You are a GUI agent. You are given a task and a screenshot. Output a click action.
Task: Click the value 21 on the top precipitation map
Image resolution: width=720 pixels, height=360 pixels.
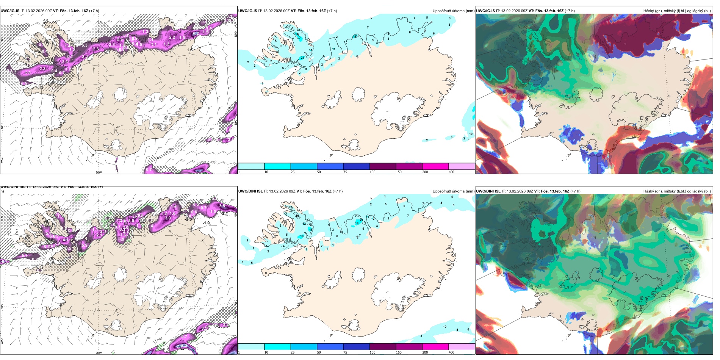302,58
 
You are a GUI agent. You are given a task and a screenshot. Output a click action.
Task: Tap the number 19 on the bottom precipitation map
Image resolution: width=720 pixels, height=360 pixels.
302,236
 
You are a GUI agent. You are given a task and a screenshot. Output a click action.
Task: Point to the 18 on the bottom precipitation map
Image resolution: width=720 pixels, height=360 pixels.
357,224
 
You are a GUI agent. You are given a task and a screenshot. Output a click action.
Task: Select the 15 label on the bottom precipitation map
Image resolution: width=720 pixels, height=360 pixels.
311,230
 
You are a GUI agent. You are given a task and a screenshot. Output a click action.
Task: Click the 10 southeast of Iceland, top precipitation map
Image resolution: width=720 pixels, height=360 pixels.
471,134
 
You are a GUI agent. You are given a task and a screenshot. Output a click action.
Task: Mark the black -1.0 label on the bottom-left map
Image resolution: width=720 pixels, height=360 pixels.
206,223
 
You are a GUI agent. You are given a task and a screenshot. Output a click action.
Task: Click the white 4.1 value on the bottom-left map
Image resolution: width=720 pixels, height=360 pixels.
65,240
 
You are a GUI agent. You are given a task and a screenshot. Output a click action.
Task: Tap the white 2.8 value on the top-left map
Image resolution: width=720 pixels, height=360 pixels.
96,49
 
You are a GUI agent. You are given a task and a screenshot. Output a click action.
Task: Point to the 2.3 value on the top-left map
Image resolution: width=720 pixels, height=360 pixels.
42,69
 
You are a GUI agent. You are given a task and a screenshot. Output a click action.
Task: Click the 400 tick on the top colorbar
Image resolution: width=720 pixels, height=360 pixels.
451,172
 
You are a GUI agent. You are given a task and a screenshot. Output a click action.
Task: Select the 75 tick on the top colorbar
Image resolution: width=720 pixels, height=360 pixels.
345,172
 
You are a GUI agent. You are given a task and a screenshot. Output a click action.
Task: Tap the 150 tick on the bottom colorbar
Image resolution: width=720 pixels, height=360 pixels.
399,352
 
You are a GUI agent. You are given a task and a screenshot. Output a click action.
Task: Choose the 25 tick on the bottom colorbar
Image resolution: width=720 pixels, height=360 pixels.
293,352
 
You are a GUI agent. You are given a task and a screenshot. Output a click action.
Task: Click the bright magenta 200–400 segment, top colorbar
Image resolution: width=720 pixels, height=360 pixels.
435,166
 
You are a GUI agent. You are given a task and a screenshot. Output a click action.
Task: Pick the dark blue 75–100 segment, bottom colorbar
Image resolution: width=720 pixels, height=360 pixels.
356,347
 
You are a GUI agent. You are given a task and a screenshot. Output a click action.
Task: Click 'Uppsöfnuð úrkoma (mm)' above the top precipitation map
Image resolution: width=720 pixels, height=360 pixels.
453,11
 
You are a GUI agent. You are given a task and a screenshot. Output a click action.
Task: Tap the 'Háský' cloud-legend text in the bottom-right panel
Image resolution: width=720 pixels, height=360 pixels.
650,191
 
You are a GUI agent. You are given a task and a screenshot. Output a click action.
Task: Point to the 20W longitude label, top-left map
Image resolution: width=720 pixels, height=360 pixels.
99,172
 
